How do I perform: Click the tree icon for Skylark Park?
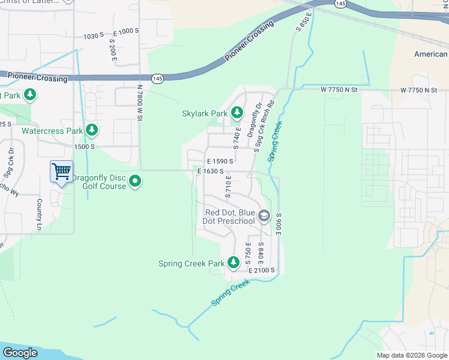pyautogui.click(x=237, y=112)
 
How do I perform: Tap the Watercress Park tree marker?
pyautogui.click(x=91, y=130)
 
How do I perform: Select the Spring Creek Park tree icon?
pyautogui.click(x=232, y=263)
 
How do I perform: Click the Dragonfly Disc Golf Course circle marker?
pyautogui.click(x=136, y=181)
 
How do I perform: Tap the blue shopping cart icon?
pyautogui.click(x=61, y=172)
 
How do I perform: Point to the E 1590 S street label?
pyautogui.click(x=220, y=161)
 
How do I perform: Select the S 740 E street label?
pyautogui.click(x=237, y=138)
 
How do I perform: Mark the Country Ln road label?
pyautogui.click(x=40, y=214)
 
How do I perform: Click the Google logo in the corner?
pyautogui.click(x=20, y=353)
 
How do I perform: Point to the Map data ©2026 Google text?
pyautogui.click(x=411, y=355)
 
